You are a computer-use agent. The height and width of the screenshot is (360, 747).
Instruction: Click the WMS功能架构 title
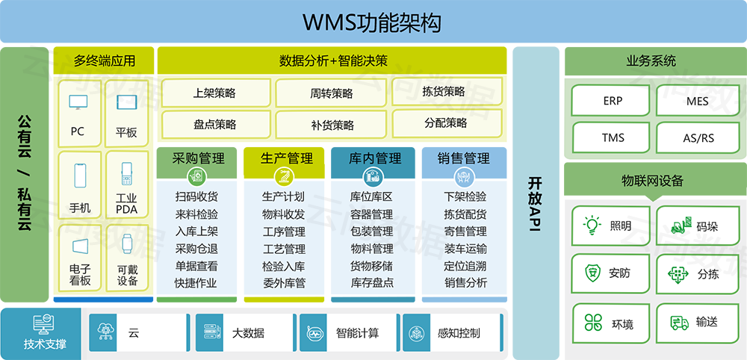[371, 22]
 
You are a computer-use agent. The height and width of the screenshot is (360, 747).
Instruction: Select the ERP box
[613, 101]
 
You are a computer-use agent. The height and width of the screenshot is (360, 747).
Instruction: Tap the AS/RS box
[698, 138]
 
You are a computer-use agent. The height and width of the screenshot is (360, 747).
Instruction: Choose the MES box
[698, 101]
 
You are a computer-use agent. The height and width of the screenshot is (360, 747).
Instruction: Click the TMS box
[613, 138]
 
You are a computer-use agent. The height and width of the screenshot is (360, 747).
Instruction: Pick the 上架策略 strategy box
[214, 93]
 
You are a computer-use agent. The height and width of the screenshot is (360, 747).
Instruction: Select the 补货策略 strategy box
[332, 125]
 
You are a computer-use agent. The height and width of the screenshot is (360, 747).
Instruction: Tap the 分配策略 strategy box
[445, 123]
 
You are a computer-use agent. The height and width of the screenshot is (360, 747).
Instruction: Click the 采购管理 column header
[198, 158]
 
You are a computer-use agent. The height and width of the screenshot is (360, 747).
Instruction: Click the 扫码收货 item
[196, 197]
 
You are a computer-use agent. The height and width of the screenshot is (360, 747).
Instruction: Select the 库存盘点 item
[372, 283]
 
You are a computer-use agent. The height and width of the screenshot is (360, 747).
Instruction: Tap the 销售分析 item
[465, 283]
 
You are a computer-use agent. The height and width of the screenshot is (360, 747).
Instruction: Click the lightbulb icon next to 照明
[592, 225]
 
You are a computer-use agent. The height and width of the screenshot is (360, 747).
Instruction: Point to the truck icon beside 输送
[679, 323]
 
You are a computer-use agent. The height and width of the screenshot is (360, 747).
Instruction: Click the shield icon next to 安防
[592, 273]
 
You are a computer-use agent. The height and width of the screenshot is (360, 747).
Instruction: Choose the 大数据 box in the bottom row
[247, 333]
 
